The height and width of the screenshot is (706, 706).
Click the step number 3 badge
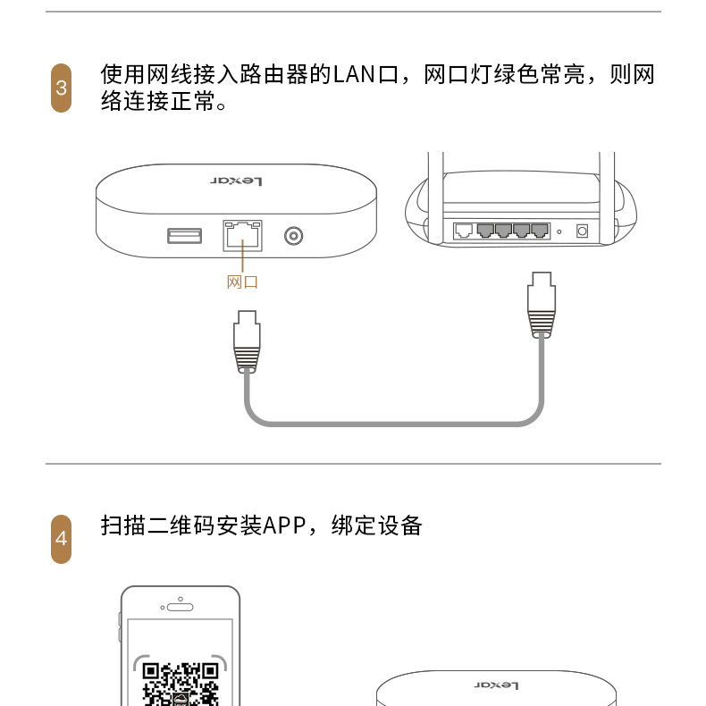pos(62,88)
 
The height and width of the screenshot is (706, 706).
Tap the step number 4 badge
pos(62,539)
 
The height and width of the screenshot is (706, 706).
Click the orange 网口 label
pos(242,282)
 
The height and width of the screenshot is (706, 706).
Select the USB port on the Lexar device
pos(185,236)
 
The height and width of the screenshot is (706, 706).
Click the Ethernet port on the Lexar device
pos(243,236)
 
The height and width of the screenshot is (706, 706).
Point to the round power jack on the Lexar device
pos(293,236)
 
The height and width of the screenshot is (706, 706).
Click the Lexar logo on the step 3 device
pos(236,181)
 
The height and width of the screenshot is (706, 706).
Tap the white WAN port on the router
pos(464,231)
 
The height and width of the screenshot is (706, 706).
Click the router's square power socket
pos(582,231)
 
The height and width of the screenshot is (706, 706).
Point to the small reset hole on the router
pos(559,231)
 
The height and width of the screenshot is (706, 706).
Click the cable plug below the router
pos(542,305)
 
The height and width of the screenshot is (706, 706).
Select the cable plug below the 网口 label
pos(247,341)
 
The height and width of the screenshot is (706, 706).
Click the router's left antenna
pos(435,198)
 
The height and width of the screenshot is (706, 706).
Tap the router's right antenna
pos(607,198)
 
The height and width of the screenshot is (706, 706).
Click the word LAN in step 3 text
pos(354,75)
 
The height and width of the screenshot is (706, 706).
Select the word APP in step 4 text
pos(284,525)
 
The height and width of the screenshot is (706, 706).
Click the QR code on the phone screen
pos(181,684)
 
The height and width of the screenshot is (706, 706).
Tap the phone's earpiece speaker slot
pos(181,608)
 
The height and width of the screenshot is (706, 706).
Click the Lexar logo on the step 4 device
pos(496,685)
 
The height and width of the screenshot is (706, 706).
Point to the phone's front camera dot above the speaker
pos(181,599)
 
